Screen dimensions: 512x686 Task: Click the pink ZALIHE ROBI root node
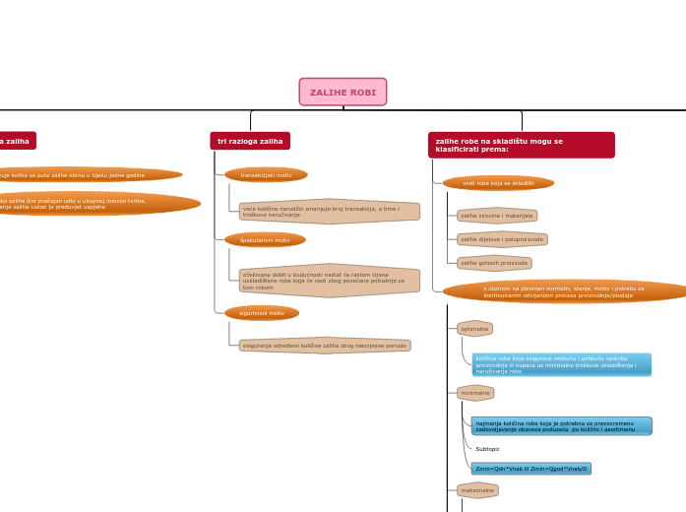343,93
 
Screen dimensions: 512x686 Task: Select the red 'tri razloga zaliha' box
250,141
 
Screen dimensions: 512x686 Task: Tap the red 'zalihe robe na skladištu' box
521,145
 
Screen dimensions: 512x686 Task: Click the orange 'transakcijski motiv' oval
266,175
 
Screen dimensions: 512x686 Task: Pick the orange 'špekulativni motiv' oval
265,239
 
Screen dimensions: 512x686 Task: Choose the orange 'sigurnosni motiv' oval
262,313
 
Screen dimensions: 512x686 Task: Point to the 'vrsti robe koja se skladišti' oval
498,183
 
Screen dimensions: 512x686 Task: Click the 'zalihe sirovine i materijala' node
497,216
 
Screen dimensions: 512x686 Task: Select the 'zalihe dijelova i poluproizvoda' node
502,239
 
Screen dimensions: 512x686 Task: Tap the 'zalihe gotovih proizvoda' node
494,263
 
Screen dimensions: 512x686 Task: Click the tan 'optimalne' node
474,329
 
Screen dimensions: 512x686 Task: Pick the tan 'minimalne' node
475,393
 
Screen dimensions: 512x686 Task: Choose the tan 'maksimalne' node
477,490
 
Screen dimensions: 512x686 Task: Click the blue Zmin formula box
530,469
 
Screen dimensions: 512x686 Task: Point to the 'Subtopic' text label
487,449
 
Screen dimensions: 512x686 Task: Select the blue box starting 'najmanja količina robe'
561,426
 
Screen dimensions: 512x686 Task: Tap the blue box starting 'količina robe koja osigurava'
561,364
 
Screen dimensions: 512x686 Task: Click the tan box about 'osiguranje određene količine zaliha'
325,346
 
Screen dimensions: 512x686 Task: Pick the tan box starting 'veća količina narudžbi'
329,212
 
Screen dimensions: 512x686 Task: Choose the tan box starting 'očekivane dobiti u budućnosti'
329,281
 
